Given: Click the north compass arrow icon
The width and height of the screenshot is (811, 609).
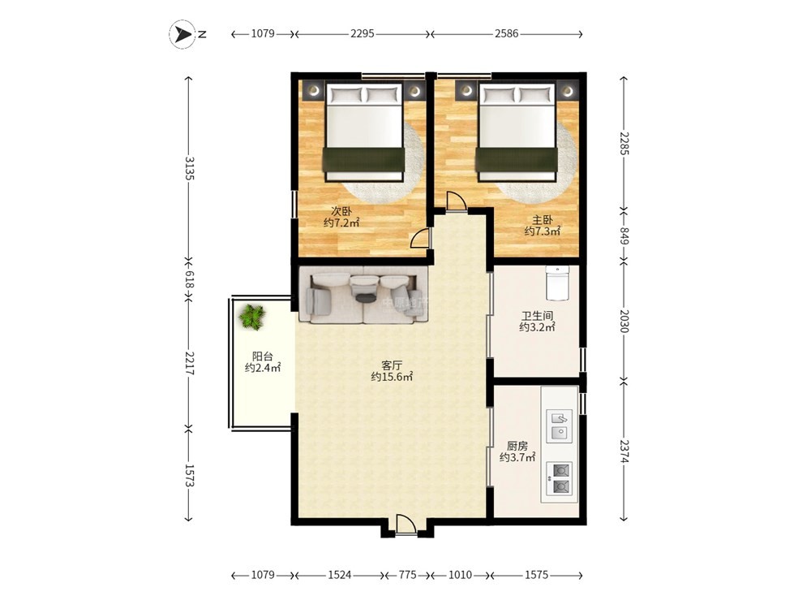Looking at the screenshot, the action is pos(182,35).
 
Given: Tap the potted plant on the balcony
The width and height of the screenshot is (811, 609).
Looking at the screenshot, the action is pos(252,316).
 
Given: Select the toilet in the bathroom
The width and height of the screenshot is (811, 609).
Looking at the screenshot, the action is pos(556,283).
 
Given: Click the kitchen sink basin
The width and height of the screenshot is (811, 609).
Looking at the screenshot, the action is pos(559,425).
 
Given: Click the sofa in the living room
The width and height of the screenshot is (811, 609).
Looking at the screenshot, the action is pos(363,295).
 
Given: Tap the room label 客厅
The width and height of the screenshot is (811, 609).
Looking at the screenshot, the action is pos(392,365).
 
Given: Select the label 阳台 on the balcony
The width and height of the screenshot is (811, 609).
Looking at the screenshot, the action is pos(262,356).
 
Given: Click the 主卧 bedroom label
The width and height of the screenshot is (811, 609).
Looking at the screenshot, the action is pos(542,220).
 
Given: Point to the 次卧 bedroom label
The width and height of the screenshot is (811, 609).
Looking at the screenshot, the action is pos(341,211).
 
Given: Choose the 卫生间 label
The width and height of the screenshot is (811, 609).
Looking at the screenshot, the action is pos(538,315).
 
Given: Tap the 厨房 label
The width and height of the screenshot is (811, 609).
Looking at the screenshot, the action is pos(517,445).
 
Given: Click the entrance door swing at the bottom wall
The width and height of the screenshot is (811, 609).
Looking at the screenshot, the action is pos(406,524).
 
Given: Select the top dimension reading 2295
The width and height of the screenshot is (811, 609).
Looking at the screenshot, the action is pos(362,33).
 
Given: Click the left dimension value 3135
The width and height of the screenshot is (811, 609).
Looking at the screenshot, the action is pos(189,168).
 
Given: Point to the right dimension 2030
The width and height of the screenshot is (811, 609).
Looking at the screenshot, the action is pos(624,321).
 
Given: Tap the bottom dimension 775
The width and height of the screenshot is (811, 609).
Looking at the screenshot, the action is pos(408,575).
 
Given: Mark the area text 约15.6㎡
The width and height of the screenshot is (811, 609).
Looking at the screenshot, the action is pos(392,377).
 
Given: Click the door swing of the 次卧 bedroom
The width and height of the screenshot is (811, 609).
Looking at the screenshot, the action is pos(420,238).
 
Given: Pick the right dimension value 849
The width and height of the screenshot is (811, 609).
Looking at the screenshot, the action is pos(624,235).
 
